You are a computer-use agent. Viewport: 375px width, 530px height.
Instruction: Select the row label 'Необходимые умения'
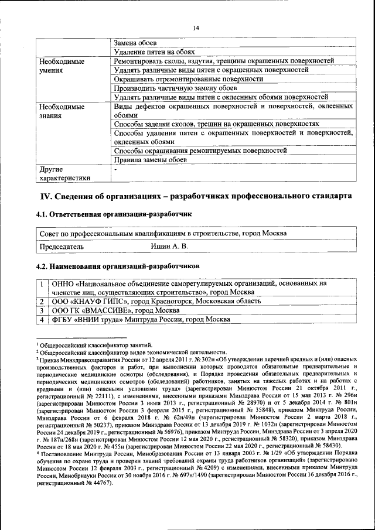tap(61, 65)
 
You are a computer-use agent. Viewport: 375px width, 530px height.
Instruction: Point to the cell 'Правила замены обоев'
tap(150, 159)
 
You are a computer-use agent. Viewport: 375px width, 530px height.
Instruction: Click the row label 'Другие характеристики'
tap(64, 173)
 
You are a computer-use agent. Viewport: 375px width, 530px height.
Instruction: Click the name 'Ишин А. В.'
tap(169, 247)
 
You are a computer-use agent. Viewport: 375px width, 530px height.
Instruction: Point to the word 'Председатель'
tap(62, 247)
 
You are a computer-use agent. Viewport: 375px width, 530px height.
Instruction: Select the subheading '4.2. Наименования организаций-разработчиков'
tap(118, 266)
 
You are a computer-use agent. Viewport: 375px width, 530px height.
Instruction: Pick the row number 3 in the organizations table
tap(42, 310)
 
